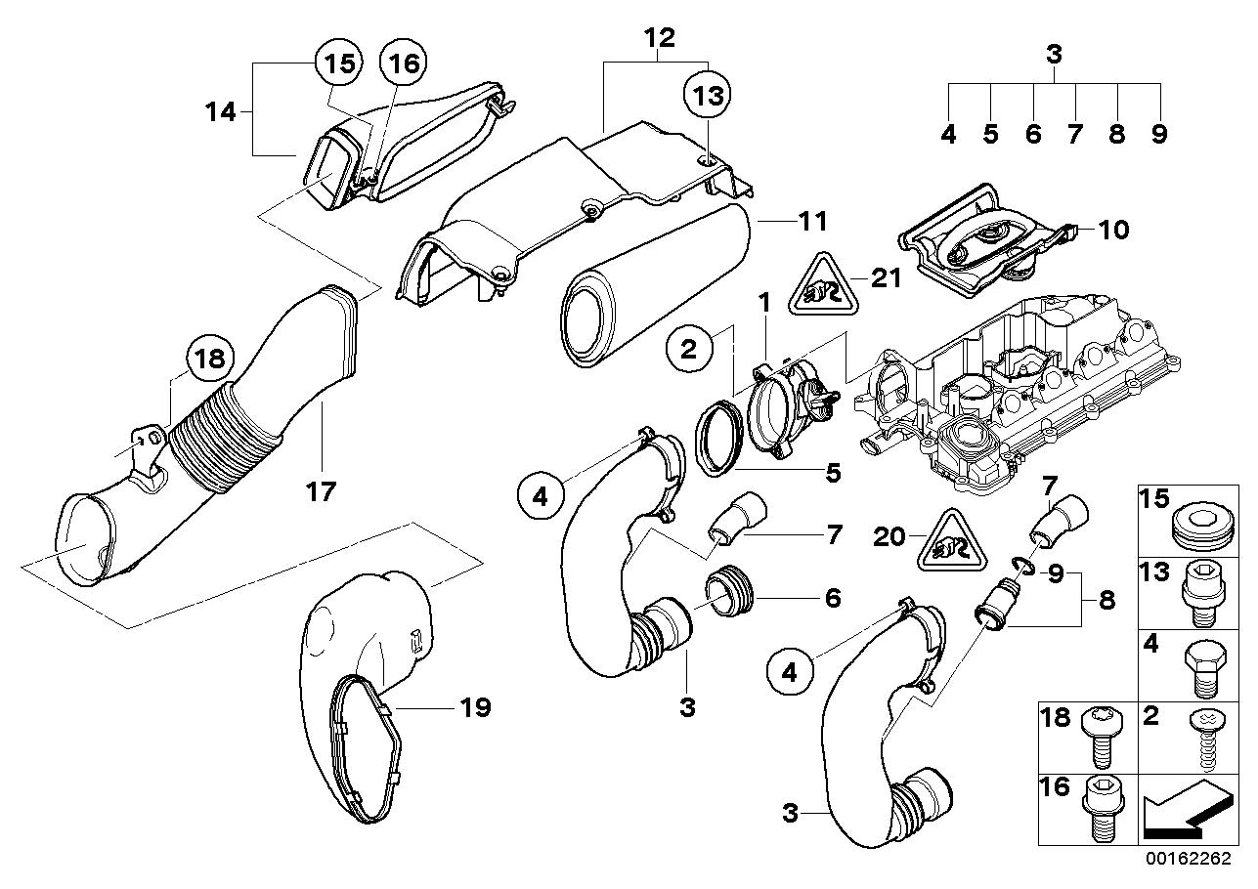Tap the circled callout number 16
pyautogui.click(x=404, y=64)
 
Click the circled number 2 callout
pyautogui.click(x=689, y=349)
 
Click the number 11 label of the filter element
pyautogui.click(x=812, y=222)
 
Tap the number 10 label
pyautogui.click(x=1085, y=230)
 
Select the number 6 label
pyautogui.click(x=832, y=597)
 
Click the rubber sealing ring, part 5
pyautogui.click(x=718, y=445)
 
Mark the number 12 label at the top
pyautogui.click(x=659, y=39)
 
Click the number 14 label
pyautogui.click(x=221, y=112)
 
